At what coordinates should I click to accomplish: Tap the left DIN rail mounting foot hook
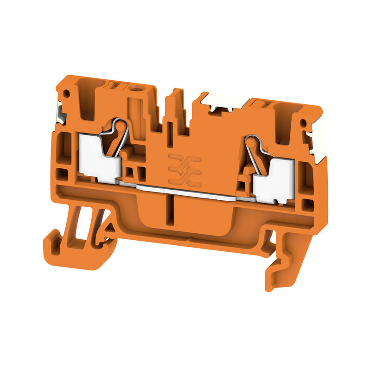coord(70,250)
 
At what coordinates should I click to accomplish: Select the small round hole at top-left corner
coord(66,93)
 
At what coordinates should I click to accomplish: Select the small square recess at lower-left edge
coord(61,174)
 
